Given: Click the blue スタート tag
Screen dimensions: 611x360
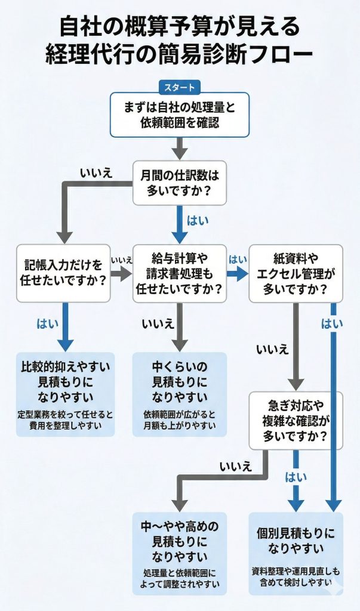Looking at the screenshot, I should pyautogui.click(x=180, y=87).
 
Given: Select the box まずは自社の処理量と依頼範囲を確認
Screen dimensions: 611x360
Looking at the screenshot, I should pyautogui.click(x=180, y=115).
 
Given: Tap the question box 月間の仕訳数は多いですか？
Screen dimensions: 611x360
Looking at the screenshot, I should pyautogui.click(x=180, y=183).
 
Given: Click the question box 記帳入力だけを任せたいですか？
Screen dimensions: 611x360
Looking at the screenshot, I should pyautogui.click(x=63, y=273).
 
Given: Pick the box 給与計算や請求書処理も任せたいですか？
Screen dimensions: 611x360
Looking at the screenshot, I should pyautogui.click(x=180, y=273).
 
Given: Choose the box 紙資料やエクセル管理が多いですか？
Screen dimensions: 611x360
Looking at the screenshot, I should pyautogui.click(x=296, y=273).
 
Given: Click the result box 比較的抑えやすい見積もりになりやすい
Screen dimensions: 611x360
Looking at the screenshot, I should pyautogui.click(x=65, y=394).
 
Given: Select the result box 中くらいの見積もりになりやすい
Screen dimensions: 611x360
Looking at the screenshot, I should pyautogui.click(x=180, y=394).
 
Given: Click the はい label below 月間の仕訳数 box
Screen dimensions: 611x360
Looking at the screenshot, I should pyautogui.click(x=198, y=220).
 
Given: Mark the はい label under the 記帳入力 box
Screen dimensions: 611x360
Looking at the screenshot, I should pyautogui.click(x=48, y=323).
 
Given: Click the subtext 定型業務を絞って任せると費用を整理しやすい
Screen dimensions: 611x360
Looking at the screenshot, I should pyautogui.click(x=65, y=420).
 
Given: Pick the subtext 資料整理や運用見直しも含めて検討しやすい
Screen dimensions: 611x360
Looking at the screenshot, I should pyautogui.click(x=296, y=576).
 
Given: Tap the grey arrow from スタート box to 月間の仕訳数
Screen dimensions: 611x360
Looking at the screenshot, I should pyautogui.click(x=180, y=149).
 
